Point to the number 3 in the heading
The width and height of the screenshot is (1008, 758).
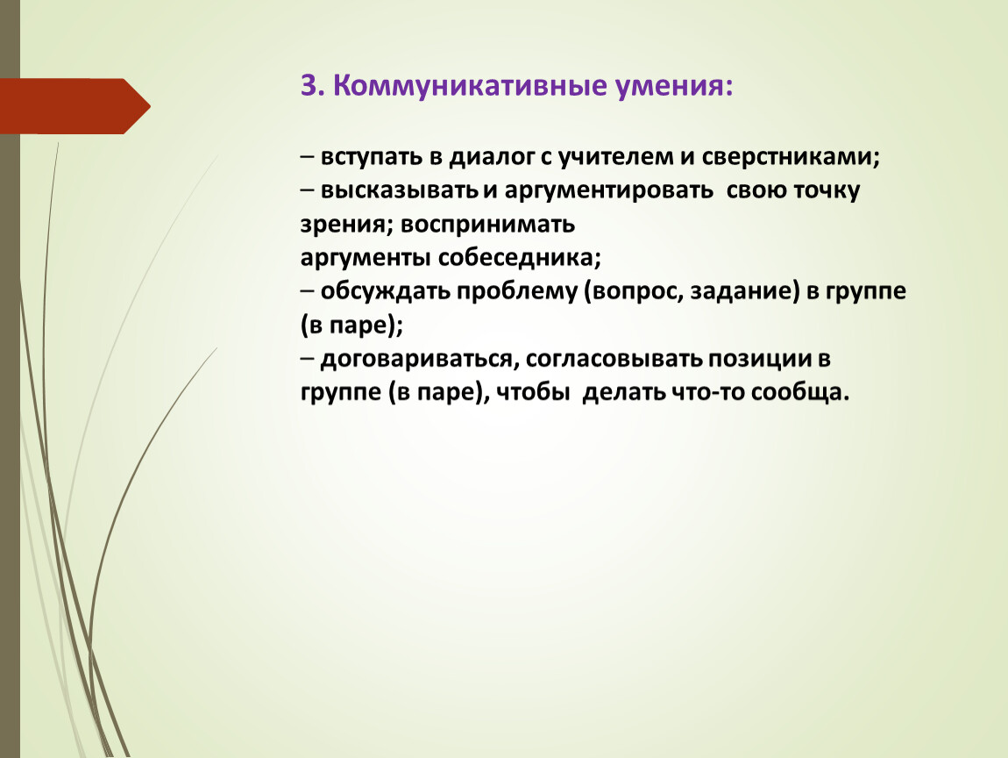(x=309, y=86)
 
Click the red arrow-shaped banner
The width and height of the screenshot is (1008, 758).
(x=75, y=106)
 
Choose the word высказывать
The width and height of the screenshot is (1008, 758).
(x=399, y=191)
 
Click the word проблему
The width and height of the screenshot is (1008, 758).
(x=517, y=292)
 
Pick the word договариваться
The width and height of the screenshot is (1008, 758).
(x=416, y=360)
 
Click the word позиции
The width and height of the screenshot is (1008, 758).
(x=760, y=360)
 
